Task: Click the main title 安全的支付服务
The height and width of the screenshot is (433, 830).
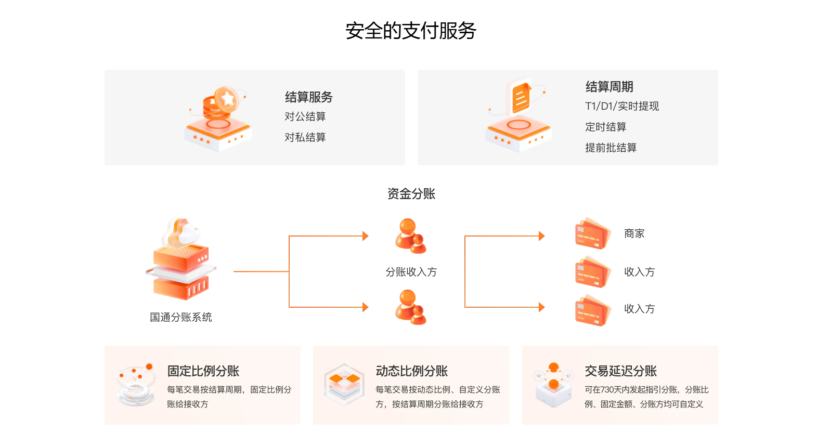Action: point(411,31)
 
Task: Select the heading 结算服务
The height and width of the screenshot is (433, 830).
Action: point(308,97)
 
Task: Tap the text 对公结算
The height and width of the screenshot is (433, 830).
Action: point(305,116)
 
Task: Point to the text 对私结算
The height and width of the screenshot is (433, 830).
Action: point(305,137)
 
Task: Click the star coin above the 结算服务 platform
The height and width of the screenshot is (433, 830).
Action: point(227,98)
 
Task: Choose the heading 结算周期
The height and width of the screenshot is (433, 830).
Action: point(609,87)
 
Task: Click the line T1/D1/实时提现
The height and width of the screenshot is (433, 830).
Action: point(621,106)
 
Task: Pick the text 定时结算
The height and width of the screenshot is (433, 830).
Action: point(605,127)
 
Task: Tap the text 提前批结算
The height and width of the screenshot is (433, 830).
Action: point(611,148)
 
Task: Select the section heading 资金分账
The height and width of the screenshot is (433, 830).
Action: point(411,194)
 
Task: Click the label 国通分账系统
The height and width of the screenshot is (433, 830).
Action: point(180,317)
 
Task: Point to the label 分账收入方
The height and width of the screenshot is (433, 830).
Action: point(411,272)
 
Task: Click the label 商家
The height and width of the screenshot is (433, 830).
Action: point(634,234)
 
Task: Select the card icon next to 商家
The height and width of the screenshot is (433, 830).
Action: point(592,234)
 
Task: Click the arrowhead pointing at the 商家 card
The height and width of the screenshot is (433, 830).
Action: point(542,236)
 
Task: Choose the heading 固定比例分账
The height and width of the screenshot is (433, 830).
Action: point(203,371)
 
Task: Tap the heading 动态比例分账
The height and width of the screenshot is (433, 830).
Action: point(411,371)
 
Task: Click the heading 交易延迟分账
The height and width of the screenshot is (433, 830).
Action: point(620,371)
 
